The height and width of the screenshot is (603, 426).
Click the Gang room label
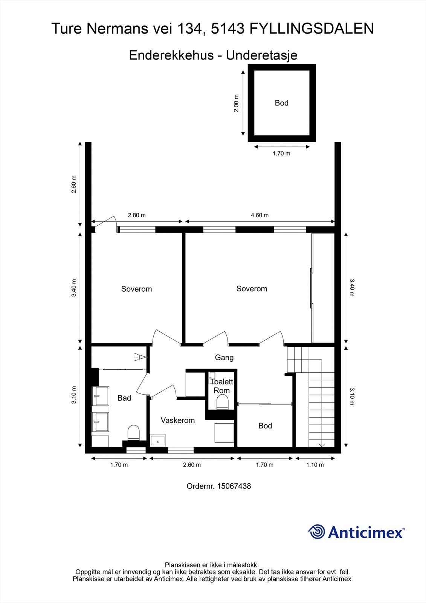point(224,358)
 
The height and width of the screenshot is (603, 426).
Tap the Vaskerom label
point(178,420)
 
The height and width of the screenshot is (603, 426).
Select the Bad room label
point(124,398)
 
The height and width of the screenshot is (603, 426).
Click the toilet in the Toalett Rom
point(222,402)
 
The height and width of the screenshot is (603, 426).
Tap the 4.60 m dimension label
point(260,215)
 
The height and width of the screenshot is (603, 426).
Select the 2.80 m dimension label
point(137,215)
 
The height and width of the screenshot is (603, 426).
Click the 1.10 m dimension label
point(315,465)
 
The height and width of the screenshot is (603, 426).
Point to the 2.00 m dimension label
point(236,103)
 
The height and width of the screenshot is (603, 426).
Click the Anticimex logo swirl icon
point(316,532)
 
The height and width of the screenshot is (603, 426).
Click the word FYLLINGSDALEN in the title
point(311,29)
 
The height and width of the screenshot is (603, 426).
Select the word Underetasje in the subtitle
point(261,55)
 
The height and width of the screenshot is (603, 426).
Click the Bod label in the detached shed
point(281,103)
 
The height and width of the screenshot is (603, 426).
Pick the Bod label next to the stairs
point(265,425)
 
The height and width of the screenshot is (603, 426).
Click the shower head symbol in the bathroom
point(140,357)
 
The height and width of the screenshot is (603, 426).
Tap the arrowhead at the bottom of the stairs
point(322,445)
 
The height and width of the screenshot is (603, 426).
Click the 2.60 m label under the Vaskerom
point(192,465)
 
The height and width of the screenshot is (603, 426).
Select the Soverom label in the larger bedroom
point(252,289)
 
